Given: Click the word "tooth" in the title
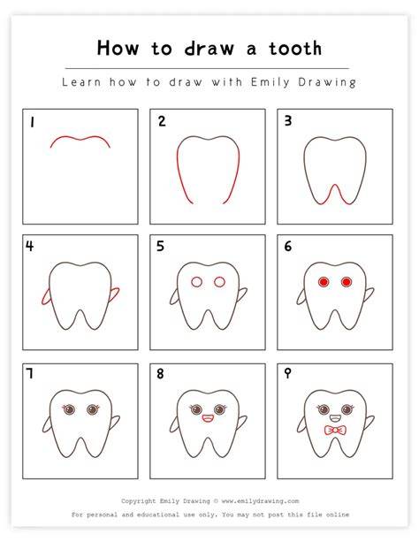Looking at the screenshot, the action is [x=295, y=48].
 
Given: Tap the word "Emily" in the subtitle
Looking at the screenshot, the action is [x=270, y=82].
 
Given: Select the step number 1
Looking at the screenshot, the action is [x=32, y=122].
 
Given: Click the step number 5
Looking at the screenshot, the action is [x=160, y=246].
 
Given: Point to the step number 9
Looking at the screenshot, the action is [x=287, y=373].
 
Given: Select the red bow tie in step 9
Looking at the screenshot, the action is [x=335, y=431].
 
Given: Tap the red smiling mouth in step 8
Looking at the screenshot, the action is [x=208, y=418].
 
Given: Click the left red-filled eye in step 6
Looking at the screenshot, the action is [x=324, y=282].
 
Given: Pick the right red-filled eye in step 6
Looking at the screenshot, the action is [x=346, y=282].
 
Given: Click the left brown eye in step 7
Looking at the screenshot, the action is [x=69, y=410].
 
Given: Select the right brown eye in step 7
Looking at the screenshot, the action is [x=92, y=410].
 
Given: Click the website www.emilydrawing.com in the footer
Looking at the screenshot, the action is [x=260, y=500].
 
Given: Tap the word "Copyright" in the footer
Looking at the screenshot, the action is [x=138, y=501].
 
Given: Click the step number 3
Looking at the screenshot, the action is [x=288, y=120].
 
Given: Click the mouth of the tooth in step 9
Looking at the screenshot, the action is [x=335, y=418].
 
